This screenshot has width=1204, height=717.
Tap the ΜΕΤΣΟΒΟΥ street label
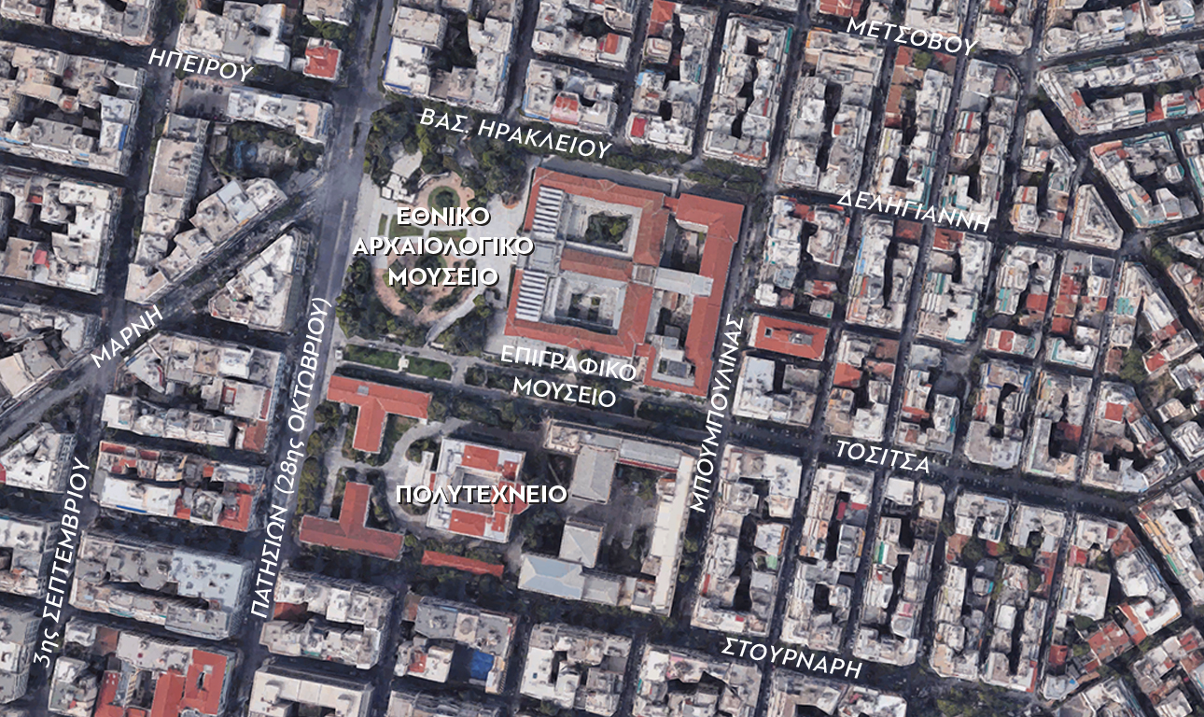click(x=911, y=35)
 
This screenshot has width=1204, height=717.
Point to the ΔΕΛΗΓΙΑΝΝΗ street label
click(x=913, y=211)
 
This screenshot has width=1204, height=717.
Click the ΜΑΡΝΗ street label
click(x=127, y=337)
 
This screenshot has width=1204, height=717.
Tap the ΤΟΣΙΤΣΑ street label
click(x=882, y=457)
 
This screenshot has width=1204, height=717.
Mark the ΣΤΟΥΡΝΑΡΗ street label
click(x=791, y=658)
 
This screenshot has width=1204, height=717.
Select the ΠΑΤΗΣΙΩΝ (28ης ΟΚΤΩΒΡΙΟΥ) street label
click(x=292, y=457)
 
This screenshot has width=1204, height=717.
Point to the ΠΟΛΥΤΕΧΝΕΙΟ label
click(x=482, y=494)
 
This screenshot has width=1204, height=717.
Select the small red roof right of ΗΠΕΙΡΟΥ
click(x=322, y=61)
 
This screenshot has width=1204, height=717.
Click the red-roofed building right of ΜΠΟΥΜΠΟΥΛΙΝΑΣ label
click(x=789, y=336)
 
